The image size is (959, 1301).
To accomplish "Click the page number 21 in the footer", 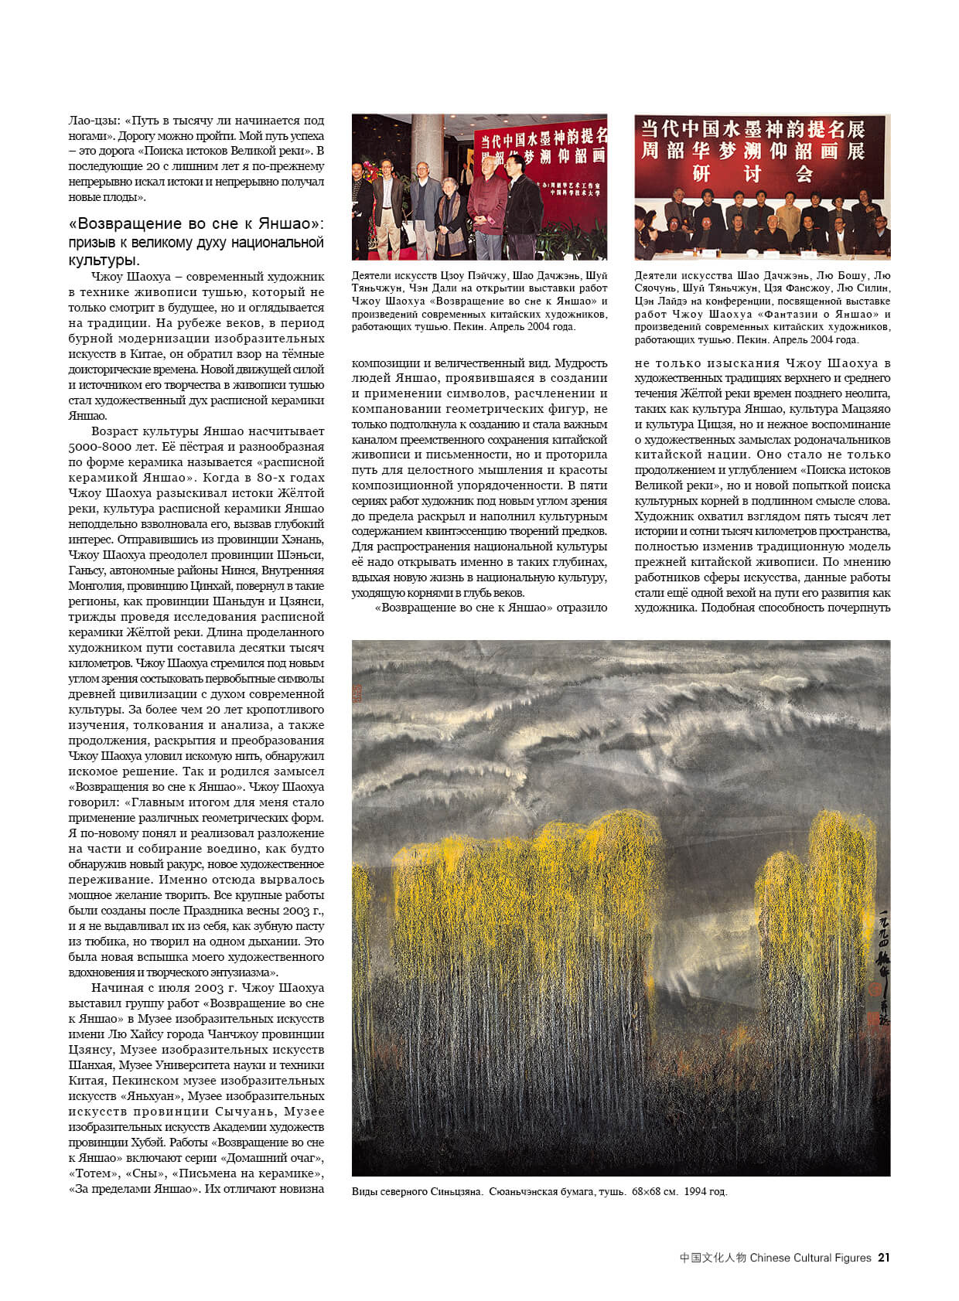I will click(x=883, y=1258).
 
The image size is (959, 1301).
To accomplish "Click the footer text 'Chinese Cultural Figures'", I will click(x=811, y=1258).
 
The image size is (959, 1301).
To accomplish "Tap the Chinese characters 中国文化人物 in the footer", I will click(x=713, y=1258).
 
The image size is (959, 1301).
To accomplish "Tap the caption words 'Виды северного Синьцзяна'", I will click(x=417, y=1191).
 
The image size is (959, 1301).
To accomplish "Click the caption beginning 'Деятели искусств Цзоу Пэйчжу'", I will click(x=479, y=301).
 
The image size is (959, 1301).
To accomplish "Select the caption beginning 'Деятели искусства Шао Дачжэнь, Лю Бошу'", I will click(x=762, y=307).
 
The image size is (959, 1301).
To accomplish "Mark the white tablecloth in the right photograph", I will click(x=762, y=247).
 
